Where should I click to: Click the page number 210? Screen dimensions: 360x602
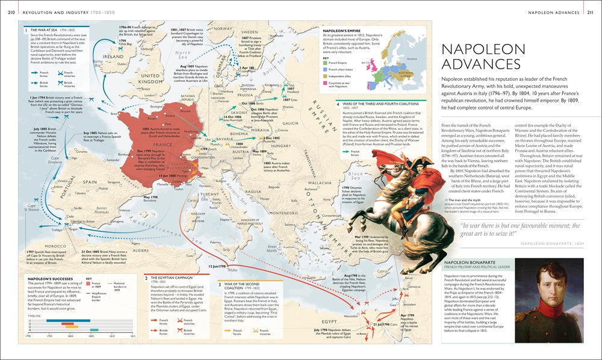click(x=11, y=11)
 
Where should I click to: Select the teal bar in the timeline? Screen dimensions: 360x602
click(x=93, y=329)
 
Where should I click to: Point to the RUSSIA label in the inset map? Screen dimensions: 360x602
click(x=411, y=58)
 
